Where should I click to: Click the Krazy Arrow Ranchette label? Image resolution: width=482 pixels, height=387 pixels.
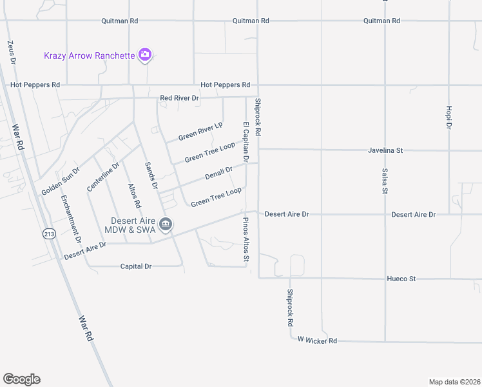(x=89, y=55)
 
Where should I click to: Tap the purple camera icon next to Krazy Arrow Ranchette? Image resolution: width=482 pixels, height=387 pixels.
(x=146, y=55)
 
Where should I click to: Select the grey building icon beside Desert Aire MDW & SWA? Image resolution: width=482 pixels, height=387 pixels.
(x=166, y=224)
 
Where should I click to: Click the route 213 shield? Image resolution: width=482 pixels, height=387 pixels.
(x=50, y=234)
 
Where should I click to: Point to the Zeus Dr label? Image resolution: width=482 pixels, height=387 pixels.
(x=11, y=52)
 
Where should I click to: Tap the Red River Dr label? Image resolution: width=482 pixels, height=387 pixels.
(x=180, y=98)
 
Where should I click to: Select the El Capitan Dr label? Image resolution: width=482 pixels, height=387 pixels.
(x=246, y=141)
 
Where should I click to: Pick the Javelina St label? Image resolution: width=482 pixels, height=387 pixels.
(x=385, y=150)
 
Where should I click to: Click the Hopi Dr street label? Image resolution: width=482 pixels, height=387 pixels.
(x=448, y=117)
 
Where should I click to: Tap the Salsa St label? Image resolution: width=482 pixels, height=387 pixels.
(x=385, y=182)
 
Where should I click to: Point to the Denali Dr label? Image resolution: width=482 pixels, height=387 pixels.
(x=218, y=173)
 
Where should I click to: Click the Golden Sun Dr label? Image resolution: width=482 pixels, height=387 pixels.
(x=61, y=182)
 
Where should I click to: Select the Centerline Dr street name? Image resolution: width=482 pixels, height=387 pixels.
(x=103, y=176)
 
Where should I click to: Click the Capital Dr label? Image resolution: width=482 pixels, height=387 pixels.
(x=136, y=266)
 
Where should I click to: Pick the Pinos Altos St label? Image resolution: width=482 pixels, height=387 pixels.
(x=246, y=240)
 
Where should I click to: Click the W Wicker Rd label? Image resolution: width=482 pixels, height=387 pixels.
(x=316, y=340)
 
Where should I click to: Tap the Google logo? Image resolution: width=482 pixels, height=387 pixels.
(x=21, y=379)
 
